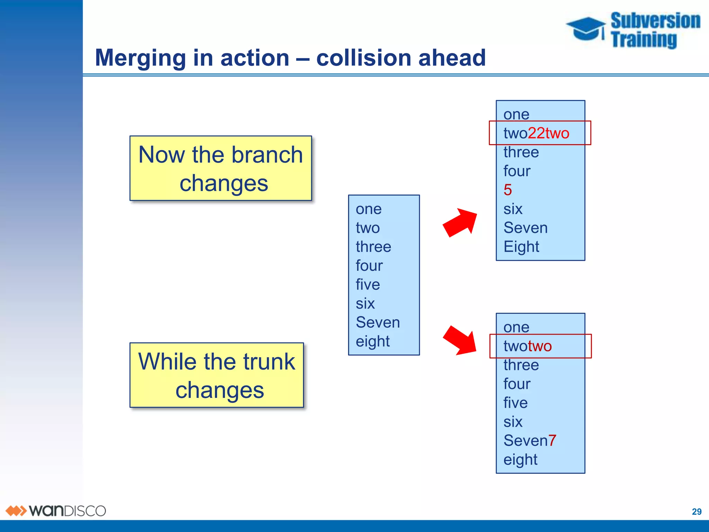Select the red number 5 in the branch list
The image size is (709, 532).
click(508, 190)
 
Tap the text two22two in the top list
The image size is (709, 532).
click(536, 133)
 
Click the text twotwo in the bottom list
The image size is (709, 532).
click(527, 346)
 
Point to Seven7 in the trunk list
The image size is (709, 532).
click(530, 441)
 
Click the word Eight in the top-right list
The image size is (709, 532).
click(521, 247)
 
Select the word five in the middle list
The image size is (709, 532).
click(368, 285)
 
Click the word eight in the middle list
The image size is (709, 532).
click(373, 342)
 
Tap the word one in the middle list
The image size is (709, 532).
click(369, 209)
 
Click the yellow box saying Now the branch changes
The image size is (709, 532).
click(221, 168)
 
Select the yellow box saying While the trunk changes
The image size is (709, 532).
click(217, 375)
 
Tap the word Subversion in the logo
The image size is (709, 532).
click(655, 21)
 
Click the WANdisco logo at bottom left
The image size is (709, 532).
click(55, 511)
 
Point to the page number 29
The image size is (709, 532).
click(697, 512)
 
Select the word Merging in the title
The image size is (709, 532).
click(141, 58)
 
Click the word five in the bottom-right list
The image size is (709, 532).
click(515, 403)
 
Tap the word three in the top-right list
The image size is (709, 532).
click(521, 152)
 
